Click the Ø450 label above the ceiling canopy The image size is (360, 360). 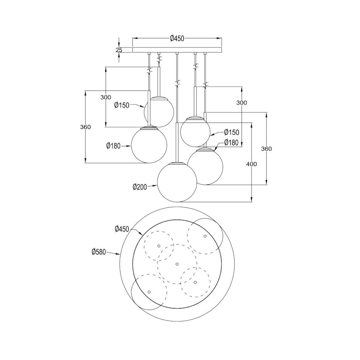point(177,38)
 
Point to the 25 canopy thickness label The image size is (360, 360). point(119,50)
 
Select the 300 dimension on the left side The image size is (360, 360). point(106,97)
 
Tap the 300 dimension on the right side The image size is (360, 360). point(241,102)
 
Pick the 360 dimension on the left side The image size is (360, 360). point(85,127)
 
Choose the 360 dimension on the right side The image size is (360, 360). point(266,149)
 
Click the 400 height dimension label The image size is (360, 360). point(251,164)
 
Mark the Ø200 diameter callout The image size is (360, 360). point(140,187)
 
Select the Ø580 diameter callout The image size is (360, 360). point(99,252)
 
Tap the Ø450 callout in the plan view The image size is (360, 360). point(122,229)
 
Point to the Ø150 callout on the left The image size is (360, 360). point(122,105)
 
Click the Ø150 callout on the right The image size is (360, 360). point(232,132)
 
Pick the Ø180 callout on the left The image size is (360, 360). point(114,145)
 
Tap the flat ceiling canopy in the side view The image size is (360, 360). point(177,50)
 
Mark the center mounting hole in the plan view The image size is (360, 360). point(177,264)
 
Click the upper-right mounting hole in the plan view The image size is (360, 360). point(205,236)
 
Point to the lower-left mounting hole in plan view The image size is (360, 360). point(149,292)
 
